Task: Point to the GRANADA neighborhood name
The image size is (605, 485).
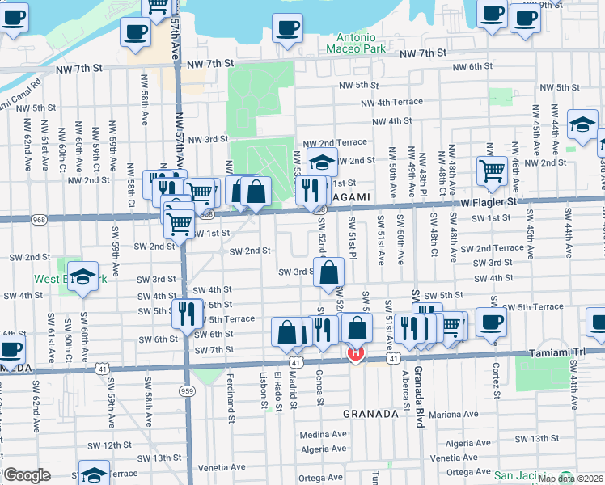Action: click(370, 413)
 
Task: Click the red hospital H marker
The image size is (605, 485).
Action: click(354, 353)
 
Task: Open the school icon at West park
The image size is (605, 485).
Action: click(83, 277)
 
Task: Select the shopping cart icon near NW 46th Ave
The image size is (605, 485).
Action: click(491, 171)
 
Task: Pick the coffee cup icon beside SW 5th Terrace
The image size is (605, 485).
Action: click(491, 322)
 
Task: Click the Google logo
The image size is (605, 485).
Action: click(27, 475)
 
